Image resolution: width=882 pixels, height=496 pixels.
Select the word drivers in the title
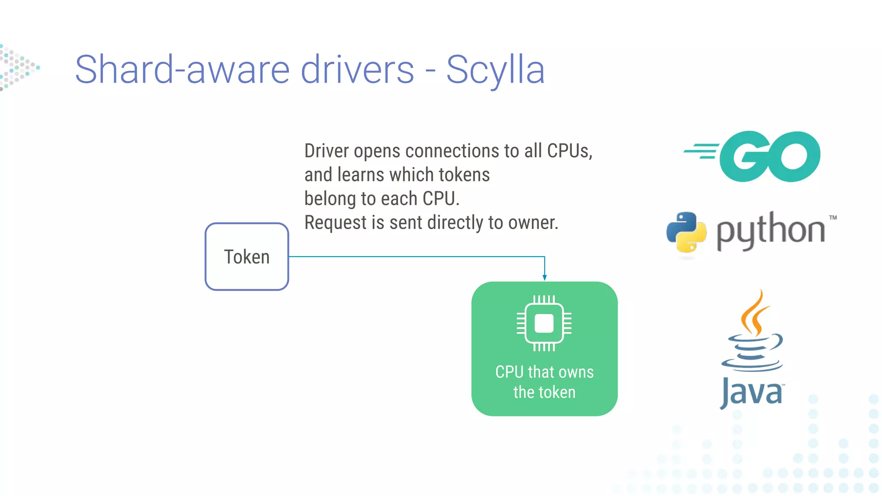coord(357,70)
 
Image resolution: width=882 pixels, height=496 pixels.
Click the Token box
coord(247,257)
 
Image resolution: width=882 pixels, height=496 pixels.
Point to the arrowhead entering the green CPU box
coord(545,278)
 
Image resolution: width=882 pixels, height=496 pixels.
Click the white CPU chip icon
coord(544,323)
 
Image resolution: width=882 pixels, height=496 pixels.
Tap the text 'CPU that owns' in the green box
coord(544,372)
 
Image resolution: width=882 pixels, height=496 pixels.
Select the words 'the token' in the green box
coord(544,392)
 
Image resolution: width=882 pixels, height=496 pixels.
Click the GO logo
coord(770,156)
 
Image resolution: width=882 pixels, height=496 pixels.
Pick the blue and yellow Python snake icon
coord(686,232)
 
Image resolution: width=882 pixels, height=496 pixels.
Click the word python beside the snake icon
coord(770,231)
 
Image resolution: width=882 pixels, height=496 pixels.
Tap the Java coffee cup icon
coord(753,332)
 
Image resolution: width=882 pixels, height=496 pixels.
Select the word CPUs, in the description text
coord(569,151)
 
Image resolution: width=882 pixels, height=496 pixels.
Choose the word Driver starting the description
coord(326,151)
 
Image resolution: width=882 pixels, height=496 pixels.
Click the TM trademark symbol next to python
coord(832,217)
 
